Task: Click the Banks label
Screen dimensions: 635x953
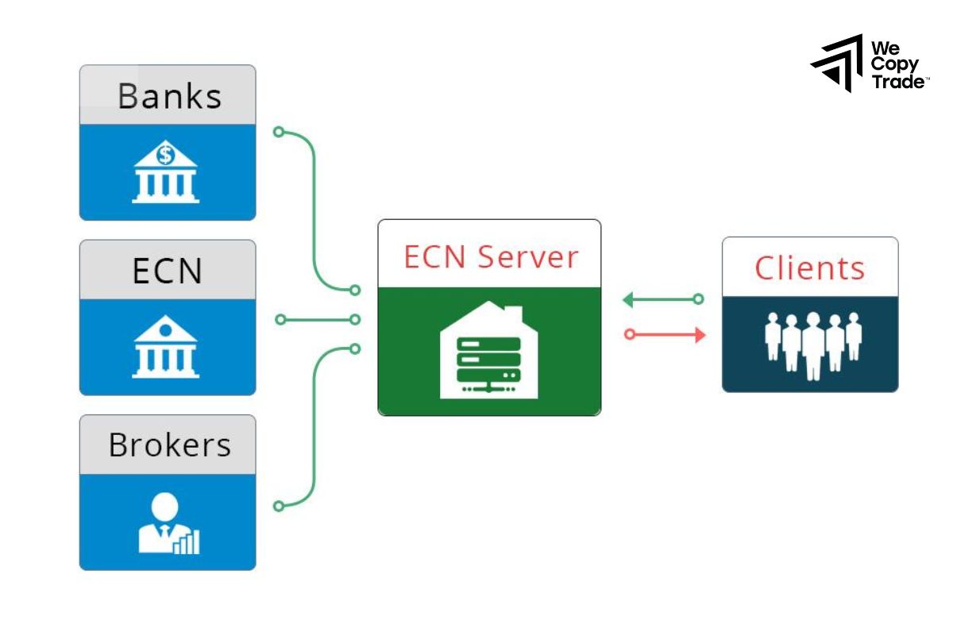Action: [169, 96]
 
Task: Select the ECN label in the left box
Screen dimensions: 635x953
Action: [168, 271]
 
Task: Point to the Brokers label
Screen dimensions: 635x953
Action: [169, 445]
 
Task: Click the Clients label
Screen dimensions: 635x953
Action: [809, 268]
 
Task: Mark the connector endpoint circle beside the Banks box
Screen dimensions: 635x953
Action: [278, 132]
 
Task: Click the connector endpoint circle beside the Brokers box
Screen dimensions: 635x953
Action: [278, 506]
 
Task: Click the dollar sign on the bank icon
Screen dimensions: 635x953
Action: [165, 155]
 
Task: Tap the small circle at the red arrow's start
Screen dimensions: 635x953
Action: [630, 335]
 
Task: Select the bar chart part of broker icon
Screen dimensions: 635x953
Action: [189, 543]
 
